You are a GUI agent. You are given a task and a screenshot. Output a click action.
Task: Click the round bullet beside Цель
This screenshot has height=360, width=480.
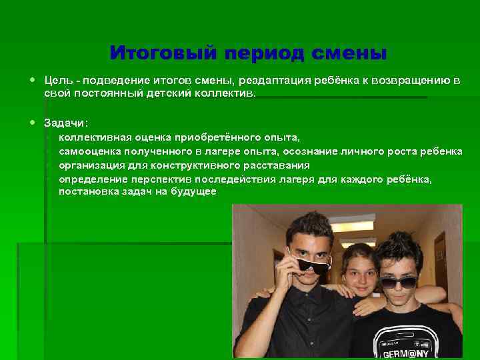click(33, 80)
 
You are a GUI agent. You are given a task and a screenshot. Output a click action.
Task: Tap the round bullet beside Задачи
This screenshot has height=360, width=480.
click(33, 122)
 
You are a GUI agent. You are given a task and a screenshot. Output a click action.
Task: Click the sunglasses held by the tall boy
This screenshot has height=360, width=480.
click(312, 266)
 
